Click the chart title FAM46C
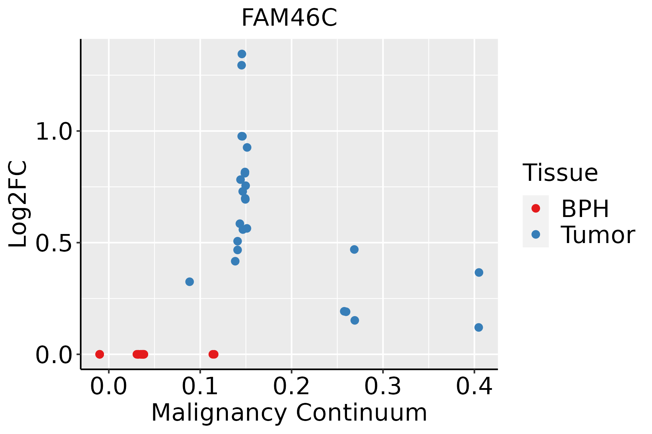[289, 18]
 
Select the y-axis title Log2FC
[18, 204]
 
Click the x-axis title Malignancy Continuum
[289, 413]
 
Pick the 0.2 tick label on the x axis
[291, 386]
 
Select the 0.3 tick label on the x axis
[383, 386]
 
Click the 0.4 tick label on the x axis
[474, 386]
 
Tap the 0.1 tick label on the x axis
[200, 386]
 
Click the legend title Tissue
[560, 173]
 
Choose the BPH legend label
[585, 209]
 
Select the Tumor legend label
[598, 235]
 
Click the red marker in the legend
[535, 208]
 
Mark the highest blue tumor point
[242, 54]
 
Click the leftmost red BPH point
[100, 354]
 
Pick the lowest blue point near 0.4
[478, 327]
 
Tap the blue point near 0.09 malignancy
[189, 282]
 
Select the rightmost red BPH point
[214, 354]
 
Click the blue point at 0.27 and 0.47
[354, 250]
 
